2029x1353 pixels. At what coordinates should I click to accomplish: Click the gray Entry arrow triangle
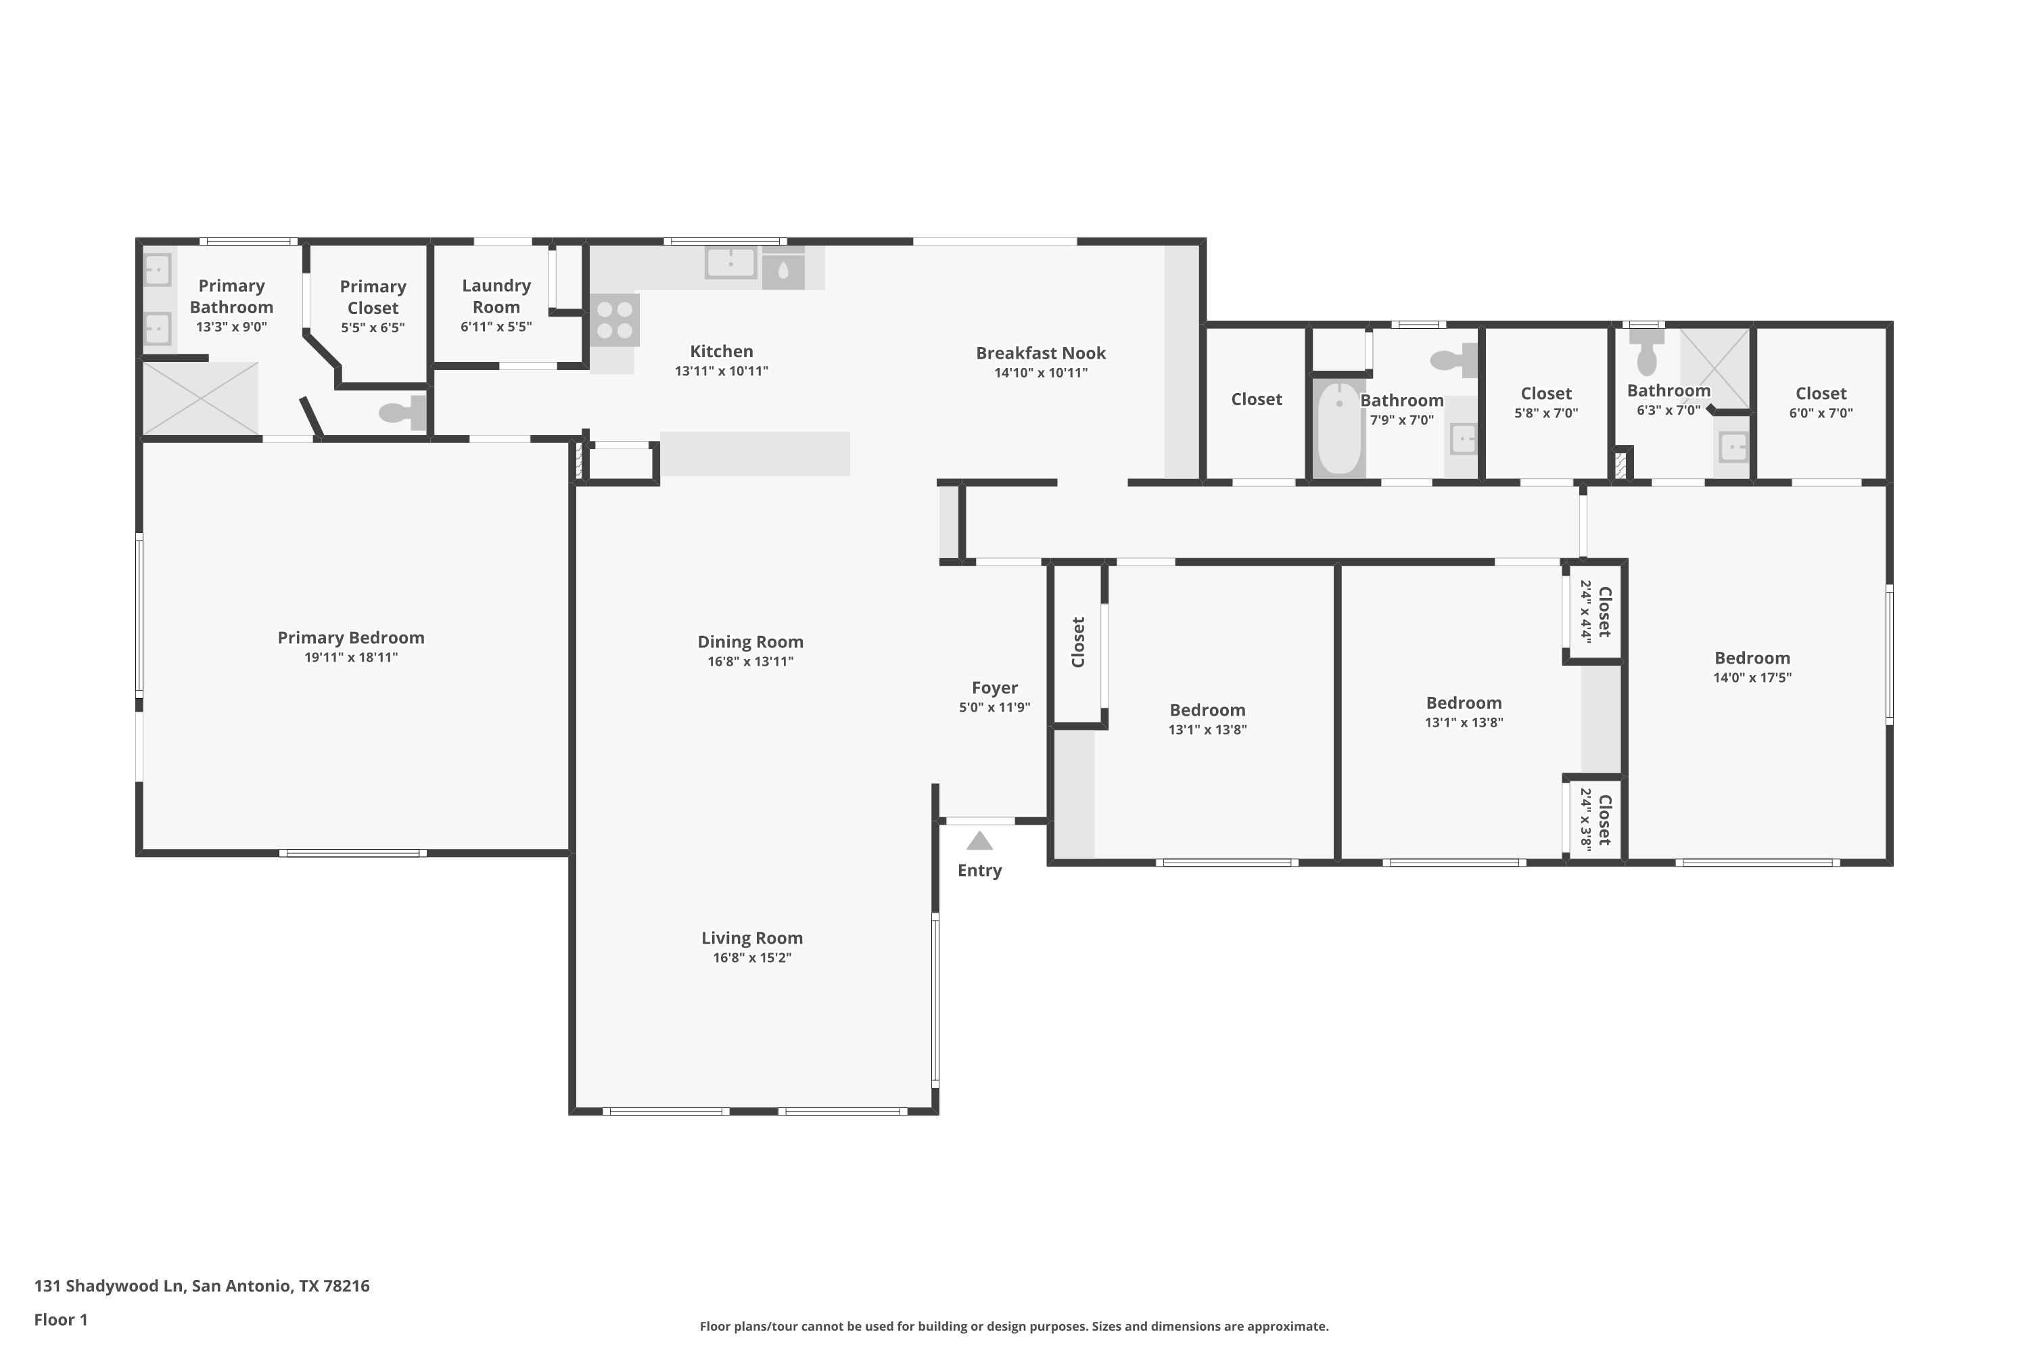coord(979,842)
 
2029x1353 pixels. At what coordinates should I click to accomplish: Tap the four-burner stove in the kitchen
coord(615,320)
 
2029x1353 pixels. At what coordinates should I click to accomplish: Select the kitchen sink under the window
coord(730,262)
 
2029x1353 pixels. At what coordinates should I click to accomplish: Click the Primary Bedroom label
coord(351,638)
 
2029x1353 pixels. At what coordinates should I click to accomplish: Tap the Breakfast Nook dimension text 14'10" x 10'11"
coord(1042,373)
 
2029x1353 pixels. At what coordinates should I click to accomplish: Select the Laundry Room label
coord(496,296)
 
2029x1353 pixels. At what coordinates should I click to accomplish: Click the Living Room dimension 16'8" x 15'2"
coord(752,958)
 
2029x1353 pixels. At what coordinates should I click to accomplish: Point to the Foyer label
coord(995,688)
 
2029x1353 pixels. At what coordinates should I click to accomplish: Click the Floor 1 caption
coord(60,1319)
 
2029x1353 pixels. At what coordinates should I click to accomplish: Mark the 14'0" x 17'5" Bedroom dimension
coord(1752,677)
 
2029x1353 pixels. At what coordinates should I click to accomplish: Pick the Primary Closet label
coord(373,297)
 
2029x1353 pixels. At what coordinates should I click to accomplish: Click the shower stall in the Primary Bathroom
coord(200,398)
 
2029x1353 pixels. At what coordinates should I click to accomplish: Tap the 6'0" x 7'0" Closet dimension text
coord(1821,413)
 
